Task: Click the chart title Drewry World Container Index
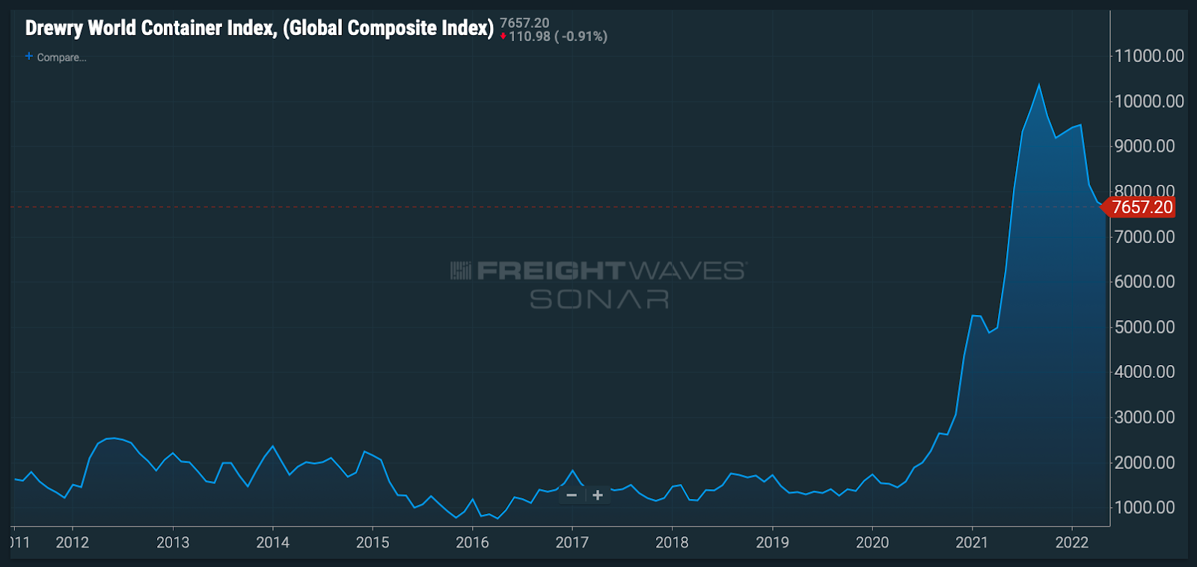click(259, 28)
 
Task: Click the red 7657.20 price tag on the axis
click(1142, 207)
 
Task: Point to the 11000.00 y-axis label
click(1149, 56)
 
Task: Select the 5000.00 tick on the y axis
click(1145, 327)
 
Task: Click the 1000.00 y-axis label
click(1145, 507)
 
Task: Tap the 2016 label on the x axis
click(472, 542)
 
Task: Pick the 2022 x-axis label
click(1071, 542)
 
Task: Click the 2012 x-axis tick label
click(73, 542)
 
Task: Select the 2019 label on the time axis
click(772, 542)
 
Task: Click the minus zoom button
click(572, 495)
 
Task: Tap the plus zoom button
click(598, 495)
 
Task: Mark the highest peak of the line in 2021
click(1038, 85)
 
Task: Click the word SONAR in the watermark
click(599, 300)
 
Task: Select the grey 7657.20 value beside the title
click(524, 23)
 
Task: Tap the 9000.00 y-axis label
click(1145, 147)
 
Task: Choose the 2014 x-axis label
click(272, 542)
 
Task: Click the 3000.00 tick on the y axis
click(1145, 417)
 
